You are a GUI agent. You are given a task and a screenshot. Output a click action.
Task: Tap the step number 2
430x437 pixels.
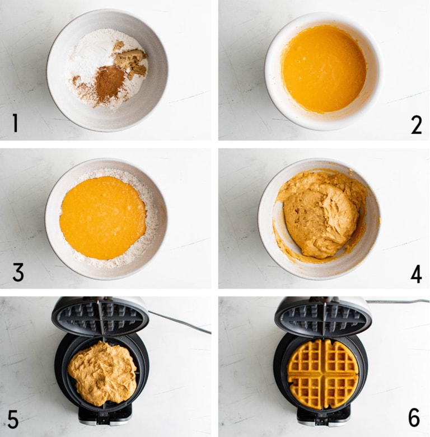click(416, 124)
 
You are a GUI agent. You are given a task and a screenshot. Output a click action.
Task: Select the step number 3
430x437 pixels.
click(18, 272)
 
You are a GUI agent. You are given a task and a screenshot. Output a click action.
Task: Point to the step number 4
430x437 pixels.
click(415, 274)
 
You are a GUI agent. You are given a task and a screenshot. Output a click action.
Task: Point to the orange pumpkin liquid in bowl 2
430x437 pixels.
click(324, 68)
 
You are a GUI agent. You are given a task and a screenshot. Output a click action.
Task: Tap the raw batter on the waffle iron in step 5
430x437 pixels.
click(102, 372)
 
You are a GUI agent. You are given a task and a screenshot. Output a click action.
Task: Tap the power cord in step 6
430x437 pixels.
click(398, 301)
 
